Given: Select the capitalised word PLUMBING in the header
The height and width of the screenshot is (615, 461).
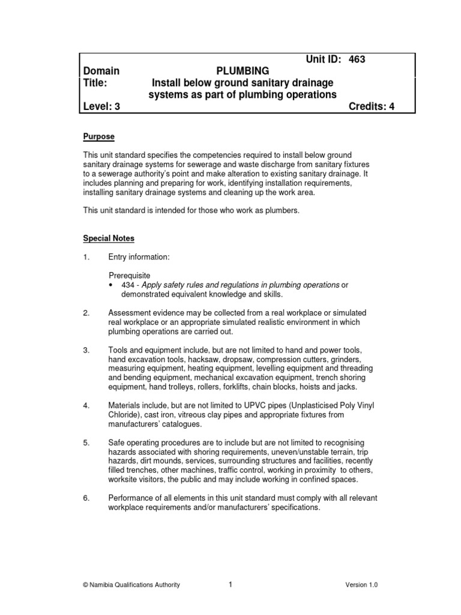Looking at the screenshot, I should (243, 71).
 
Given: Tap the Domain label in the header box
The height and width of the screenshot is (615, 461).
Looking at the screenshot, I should (101, 71).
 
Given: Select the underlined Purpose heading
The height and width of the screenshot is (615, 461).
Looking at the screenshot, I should (98, 137).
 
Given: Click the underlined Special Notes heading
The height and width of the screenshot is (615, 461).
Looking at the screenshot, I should (109, 238).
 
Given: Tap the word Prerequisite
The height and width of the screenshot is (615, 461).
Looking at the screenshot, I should (130, 274).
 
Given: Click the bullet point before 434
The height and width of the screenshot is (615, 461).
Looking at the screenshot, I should (112, 285).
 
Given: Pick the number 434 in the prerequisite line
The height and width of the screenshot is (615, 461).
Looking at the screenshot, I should (127, 285).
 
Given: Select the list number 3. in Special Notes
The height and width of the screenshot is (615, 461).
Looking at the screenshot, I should (86, 350).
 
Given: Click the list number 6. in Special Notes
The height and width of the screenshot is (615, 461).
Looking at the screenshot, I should (86, 497).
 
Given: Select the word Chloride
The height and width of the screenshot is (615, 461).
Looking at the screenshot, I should (124, 415).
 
